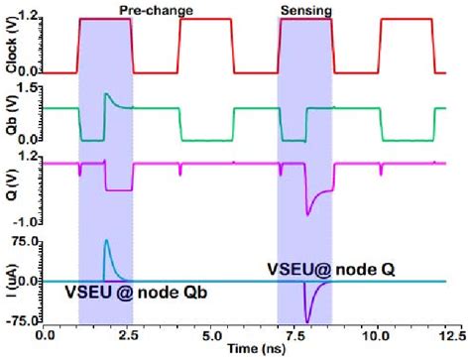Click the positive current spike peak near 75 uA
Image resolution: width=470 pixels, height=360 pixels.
point(106,241)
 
